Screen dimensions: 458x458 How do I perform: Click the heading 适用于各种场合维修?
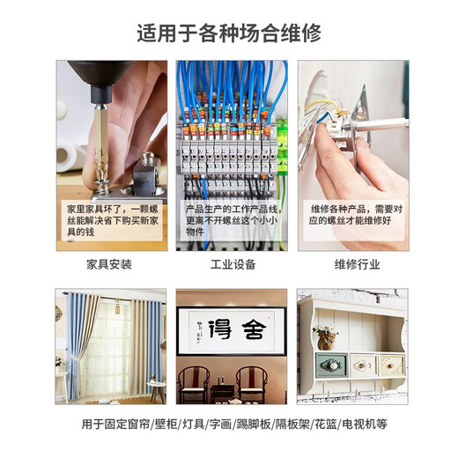point(229,33)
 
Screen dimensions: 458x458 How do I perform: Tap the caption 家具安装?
point(109,264)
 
